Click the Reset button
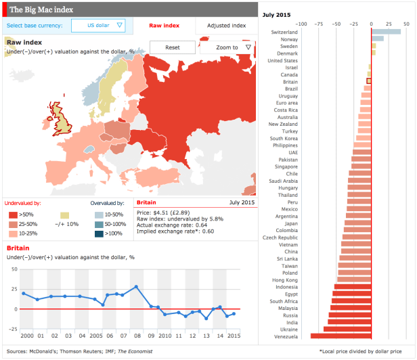(172, 47)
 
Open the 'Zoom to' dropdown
(227, 47)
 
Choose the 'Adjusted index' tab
(227, 26)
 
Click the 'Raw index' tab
(164, 26)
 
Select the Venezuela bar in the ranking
(341, 336)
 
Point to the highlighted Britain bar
(369, 81)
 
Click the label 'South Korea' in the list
(284, 138)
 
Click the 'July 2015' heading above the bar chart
(276, 13)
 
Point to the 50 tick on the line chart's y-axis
(14, 269)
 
